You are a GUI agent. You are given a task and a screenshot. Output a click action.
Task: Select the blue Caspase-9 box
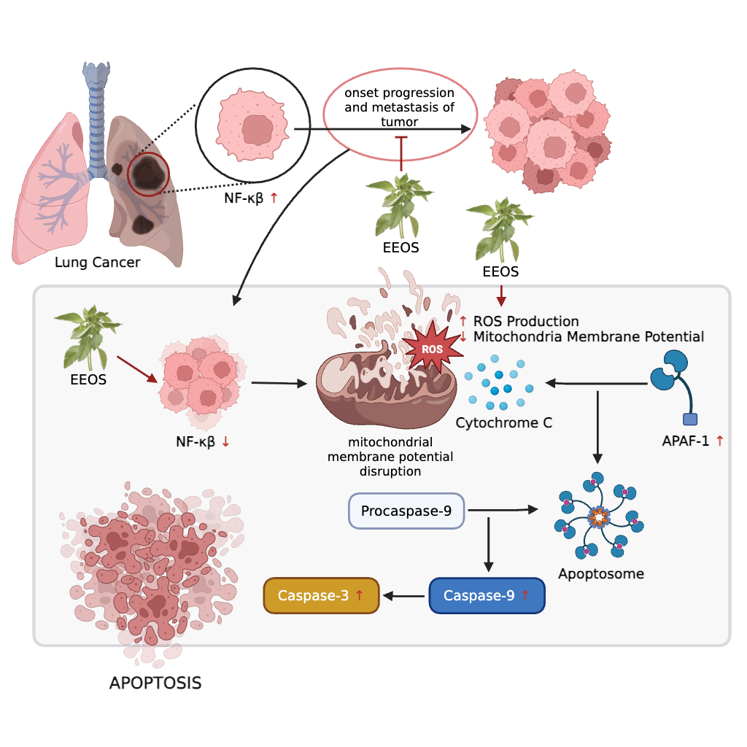point(487,595)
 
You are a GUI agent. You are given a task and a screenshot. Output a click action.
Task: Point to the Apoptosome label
point(601,574)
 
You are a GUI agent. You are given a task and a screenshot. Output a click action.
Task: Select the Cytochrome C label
point(503,422)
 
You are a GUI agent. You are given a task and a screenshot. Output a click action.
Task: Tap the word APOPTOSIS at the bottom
point(155,684)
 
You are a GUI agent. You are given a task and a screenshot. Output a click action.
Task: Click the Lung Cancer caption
point(97,262)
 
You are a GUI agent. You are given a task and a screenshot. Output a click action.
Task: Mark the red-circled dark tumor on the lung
point(148,174)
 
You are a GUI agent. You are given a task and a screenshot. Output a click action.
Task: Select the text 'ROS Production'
point(526,322)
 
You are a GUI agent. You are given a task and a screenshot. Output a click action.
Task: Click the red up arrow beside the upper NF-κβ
point(274,198)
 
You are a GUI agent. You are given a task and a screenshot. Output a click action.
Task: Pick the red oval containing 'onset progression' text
point(400,116)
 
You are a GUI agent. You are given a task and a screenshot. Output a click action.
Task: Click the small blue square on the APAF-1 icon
point(689,419)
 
